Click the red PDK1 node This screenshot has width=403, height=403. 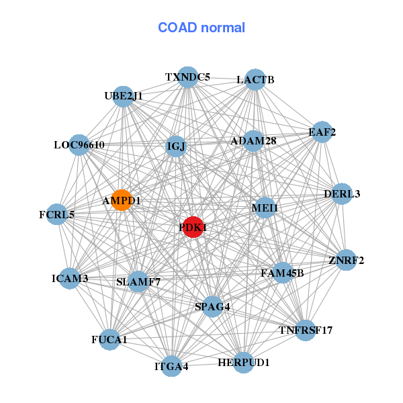(193, 227)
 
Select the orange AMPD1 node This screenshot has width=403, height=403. (122, 200)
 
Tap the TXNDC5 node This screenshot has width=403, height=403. (188, 77)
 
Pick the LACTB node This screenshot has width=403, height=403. (255, 80)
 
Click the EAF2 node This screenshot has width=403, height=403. (322, 132)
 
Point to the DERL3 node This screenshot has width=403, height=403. (342, 194)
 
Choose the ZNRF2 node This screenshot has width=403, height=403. (346, 260)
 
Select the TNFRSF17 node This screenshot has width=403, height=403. (306, 330)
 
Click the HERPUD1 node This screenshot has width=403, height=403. (244, 363)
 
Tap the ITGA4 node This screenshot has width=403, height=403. (172, 366)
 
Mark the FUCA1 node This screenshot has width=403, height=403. (109, 340)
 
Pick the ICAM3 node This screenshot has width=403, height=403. (70, 277)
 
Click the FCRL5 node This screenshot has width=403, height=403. (57, 215)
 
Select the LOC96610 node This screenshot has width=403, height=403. (79, 144)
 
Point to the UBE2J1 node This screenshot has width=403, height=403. (124, 96)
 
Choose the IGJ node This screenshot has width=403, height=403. (176, 146)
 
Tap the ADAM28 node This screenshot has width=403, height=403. (253, 141)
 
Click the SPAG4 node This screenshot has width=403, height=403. (212, 307)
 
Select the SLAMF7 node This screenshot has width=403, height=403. (138, 281)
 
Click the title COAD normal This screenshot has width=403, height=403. (201, 28)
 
